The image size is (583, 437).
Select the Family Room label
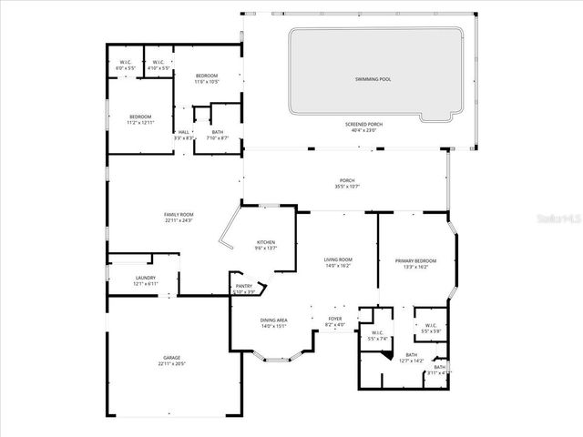coord(179,214)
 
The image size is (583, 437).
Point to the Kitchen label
coord(267,242)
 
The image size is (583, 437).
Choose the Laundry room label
coord(145,278)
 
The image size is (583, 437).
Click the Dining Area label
coord(274,320)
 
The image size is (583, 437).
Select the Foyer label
coord(335,319)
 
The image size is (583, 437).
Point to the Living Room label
coord(338,260)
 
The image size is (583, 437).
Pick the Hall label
coord(183,132)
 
